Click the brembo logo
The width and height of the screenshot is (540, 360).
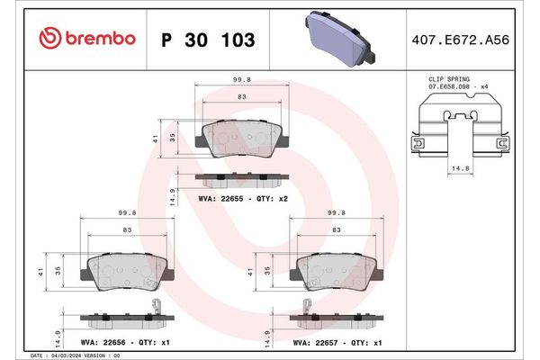(88, 39)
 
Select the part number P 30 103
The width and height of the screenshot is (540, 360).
(206, 40)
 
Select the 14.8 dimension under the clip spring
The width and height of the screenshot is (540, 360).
(458, 166)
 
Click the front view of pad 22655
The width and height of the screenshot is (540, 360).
(243, 139)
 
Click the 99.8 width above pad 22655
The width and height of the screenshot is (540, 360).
(242, 79)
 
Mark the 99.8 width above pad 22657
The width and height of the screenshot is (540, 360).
(337, 213)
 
